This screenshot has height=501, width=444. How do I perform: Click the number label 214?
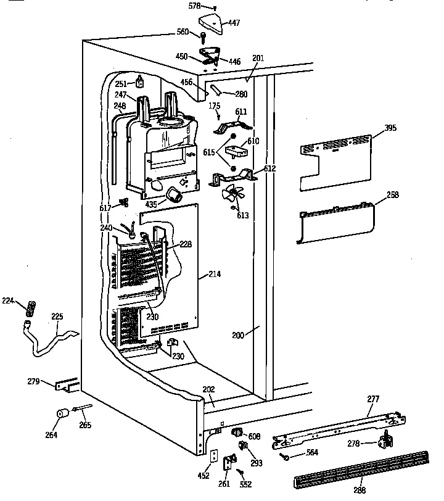215,273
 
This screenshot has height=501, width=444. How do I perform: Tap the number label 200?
238,336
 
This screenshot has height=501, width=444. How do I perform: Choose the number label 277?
373,399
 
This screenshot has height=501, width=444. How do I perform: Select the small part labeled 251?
141,81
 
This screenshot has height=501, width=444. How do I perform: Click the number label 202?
209,389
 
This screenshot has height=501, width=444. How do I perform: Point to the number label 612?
270,168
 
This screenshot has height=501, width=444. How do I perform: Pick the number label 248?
120,107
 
